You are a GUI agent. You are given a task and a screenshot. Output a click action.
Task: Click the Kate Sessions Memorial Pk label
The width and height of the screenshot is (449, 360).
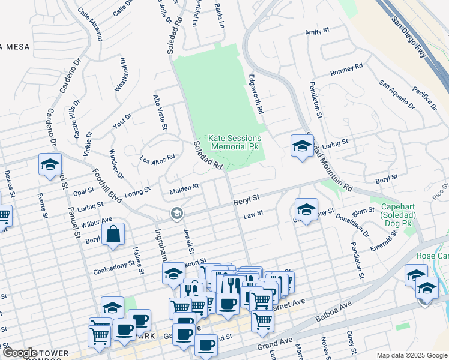pos(237,142)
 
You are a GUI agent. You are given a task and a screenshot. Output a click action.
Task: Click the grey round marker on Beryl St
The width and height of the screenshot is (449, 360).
pos(176,213)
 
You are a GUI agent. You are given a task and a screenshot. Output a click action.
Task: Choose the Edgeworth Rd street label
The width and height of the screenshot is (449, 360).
pos(256,94)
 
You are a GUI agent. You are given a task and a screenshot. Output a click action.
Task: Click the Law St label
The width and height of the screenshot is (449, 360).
pos(250,215)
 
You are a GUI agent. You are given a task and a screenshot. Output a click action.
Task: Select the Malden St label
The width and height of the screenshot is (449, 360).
pos(184,188)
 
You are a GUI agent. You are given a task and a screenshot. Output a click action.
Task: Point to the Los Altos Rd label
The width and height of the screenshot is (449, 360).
pos(157,159)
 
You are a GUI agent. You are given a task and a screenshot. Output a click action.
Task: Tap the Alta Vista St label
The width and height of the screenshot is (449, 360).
pos(160,112)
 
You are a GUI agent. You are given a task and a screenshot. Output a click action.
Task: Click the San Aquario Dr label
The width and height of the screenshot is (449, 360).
pos(397,95)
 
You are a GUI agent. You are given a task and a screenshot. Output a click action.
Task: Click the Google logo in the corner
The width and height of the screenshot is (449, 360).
pos(20,353)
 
